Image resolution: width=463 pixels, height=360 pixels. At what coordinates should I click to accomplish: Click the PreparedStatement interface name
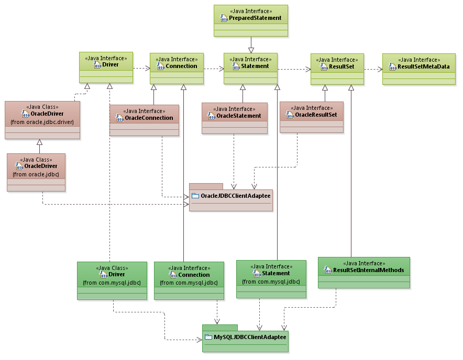tap(255, 18)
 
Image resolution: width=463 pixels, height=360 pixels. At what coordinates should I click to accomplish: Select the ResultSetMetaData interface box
tap(418, 68)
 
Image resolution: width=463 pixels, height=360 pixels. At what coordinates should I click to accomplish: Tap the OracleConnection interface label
tap(149, 118)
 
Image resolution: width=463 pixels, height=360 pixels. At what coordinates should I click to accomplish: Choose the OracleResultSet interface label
tap(316, 115)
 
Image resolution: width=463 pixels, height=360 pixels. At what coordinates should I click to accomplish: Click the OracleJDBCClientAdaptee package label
tap(236, 196)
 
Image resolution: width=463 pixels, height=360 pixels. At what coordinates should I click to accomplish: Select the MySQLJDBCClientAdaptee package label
tap(250, 337)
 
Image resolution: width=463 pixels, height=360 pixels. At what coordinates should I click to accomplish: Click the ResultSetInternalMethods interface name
tap(368, 271)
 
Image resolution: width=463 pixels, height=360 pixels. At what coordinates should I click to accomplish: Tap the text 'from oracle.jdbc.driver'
tap(42, 122)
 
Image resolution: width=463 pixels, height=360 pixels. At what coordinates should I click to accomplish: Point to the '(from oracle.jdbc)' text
tap(36, 174)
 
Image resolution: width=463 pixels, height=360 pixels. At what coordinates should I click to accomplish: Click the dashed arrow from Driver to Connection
tap(141, 68)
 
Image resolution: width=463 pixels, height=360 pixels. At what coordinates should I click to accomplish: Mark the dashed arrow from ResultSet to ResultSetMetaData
tap(373, 69)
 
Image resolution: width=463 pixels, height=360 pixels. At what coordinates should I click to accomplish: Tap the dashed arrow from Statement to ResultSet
tap(294, 69)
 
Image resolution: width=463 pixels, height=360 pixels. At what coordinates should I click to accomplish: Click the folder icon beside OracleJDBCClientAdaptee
tap(195, 196)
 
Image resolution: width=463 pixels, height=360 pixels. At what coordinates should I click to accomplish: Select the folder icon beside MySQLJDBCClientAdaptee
tap(208, 337)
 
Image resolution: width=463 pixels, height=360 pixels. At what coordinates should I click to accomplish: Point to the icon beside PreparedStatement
tap(223, 18)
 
